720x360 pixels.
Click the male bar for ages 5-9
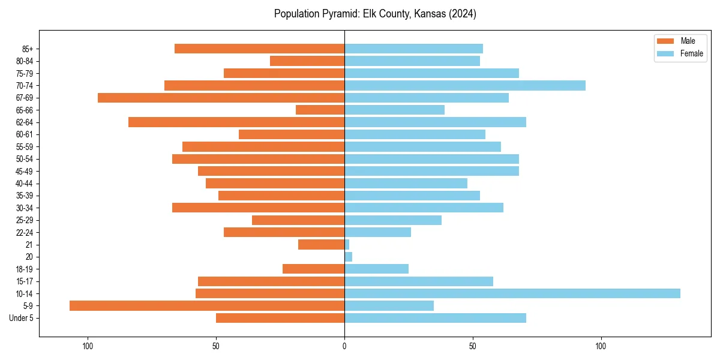[207, 306]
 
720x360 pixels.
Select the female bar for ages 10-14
[512, 293]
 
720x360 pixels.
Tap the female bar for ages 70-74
[465, 85]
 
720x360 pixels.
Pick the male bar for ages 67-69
[221, 98]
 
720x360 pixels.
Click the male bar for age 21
[322, 245]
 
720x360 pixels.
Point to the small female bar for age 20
[349, 257]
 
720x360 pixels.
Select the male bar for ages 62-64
[236, 122]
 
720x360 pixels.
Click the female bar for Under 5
[435, 318]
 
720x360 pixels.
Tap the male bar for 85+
[259, 49]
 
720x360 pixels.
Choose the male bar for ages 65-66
[320, 110]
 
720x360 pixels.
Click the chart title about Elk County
[375, 14]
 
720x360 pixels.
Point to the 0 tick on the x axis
[344, 346]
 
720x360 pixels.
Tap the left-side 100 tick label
[88, 346]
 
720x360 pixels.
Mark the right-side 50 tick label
[473, 346]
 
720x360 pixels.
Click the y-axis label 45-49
[25, 171]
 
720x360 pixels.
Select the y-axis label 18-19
[25, 269]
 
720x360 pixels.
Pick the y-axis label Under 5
[22, 318]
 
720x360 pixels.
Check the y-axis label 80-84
[25, 61]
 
